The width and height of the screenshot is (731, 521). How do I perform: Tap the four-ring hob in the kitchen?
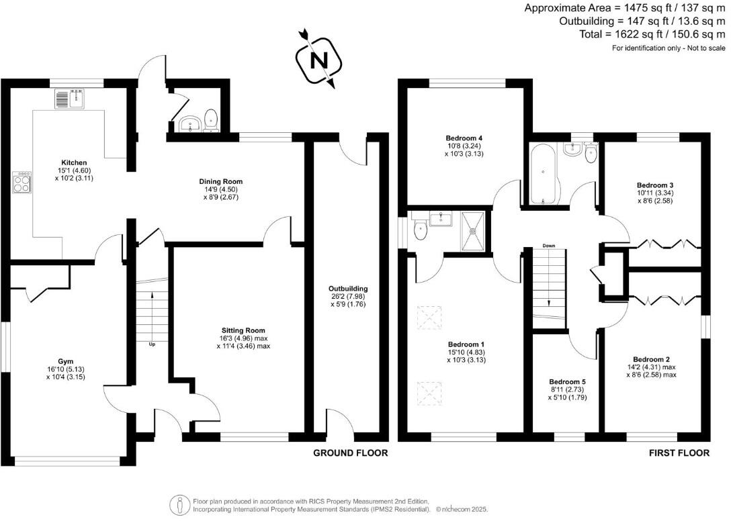click(21, 183)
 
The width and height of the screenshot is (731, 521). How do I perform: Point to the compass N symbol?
click(318, 60)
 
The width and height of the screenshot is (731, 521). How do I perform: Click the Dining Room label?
click(220, 181)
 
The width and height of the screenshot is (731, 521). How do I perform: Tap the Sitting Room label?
click(243, 330)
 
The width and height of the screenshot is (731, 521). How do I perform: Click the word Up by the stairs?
click(153, 344)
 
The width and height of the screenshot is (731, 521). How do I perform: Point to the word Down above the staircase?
click(549, 246)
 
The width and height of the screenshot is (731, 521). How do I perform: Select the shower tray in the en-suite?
click(474, 230)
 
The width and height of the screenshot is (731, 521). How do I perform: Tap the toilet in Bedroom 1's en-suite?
click(420, 230)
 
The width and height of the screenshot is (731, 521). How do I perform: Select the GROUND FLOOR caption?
click(350, 453)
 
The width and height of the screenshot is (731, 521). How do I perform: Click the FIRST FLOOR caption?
click(679, 453)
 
